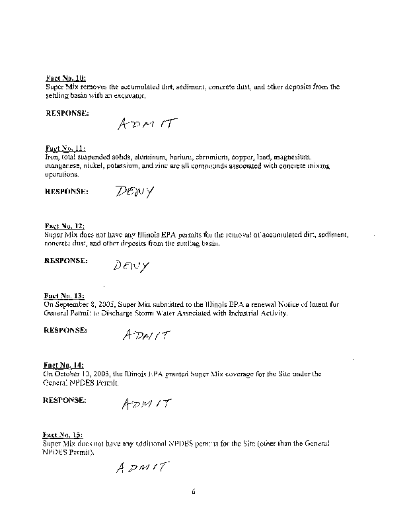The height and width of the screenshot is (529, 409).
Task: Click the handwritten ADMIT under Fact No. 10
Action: (148, 124)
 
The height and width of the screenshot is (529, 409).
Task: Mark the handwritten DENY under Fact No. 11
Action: (134, 192)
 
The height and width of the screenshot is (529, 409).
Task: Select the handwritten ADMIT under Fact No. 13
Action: (145, 335)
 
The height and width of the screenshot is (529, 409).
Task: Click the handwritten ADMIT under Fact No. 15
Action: (139, 468)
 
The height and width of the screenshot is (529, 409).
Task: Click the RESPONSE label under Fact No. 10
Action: (67, 114)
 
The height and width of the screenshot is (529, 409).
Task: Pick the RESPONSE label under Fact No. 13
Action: (65, 329)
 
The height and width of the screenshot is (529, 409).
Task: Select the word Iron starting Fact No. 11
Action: (52, 157)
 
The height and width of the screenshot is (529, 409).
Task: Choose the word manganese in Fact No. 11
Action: (61, 166)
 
